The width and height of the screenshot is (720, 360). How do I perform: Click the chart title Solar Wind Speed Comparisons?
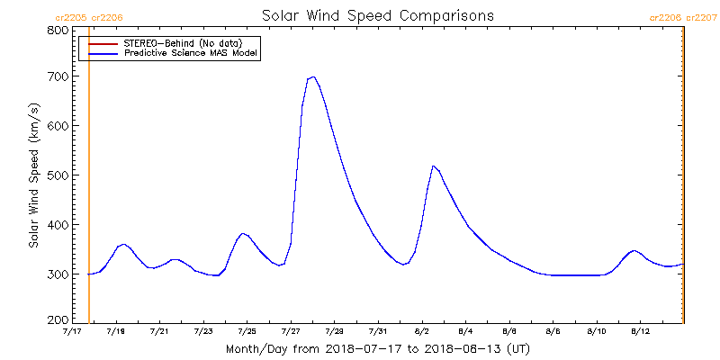coord(378,16)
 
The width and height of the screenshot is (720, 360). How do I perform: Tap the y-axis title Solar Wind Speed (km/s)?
coord(33,175)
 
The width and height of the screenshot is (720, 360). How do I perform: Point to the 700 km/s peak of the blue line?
coord(312,77)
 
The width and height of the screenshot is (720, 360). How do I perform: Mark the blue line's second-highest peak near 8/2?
coord(434,166)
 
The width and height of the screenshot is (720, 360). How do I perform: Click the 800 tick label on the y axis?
coord(58,30)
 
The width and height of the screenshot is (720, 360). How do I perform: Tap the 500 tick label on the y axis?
coord(58,175)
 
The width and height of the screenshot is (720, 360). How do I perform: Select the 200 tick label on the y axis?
coord(58,320)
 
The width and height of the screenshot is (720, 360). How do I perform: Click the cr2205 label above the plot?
coord(71,17)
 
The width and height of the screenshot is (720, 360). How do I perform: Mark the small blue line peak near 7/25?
coord(243,234)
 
